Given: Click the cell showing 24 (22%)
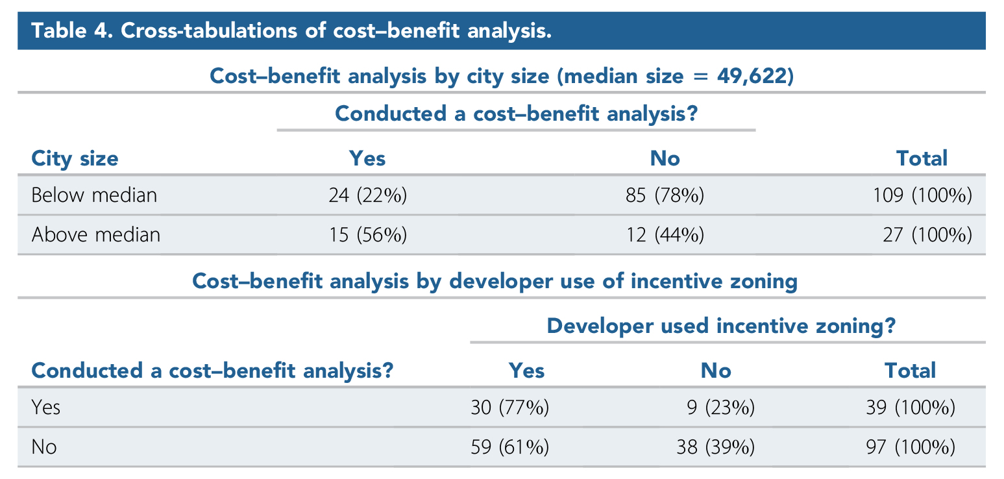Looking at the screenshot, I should click(367, 195).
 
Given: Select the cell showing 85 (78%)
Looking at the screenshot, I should click(665, 195).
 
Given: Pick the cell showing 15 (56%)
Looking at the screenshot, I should click(367, 234).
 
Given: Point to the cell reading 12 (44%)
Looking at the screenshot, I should click(665, 234).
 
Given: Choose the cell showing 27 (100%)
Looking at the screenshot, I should click(928, 234).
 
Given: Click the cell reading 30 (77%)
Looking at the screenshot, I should click(509, 408).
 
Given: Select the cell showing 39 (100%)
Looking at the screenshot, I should click(911, 408).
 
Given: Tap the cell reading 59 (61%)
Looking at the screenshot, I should click(509, 447).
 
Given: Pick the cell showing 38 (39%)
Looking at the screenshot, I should click(716, 447).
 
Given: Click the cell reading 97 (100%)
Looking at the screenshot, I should click(911, 447).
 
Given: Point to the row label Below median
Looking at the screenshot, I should click(94, 195).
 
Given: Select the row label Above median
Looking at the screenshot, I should click(95, 234).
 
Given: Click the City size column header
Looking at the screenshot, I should click(75, 158).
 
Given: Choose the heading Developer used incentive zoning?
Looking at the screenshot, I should click(721, 326).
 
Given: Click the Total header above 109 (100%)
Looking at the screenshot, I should click(922, 158).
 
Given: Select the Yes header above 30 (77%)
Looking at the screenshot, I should click(526, 371).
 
